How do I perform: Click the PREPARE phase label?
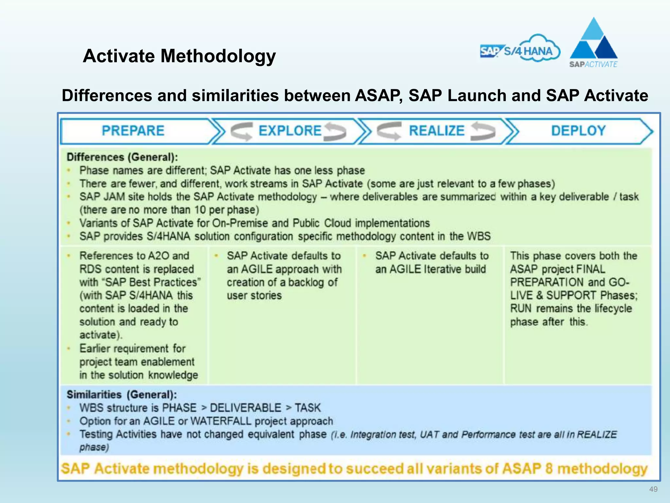click(x=133, y=131)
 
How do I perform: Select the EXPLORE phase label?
click(x=290, y=131)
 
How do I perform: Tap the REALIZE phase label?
click(x=436, y=131)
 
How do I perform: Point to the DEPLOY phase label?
click(x=578, y=131)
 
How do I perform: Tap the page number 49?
click(x=653, y=489)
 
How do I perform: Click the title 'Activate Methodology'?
click(x=179, y=56)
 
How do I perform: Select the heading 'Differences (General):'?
click(x=122, y=157)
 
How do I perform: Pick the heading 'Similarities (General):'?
click(x=122, y=394)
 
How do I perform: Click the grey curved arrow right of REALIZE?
click(x=484, y=131)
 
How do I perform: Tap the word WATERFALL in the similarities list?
click(x=221, y=421)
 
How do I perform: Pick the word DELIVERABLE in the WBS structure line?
click(x=245, y=408)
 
